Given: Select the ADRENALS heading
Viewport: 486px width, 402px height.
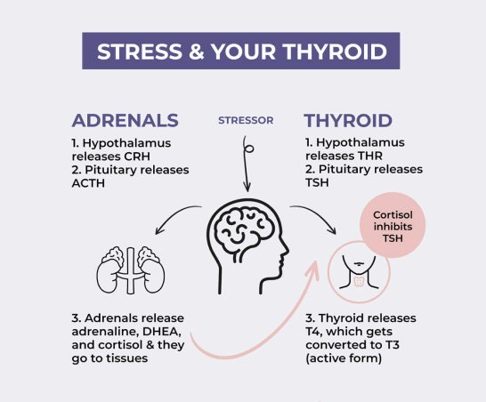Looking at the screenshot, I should coord(125,120).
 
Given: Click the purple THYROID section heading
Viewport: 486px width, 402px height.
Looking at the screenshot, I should coord(348,120).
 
